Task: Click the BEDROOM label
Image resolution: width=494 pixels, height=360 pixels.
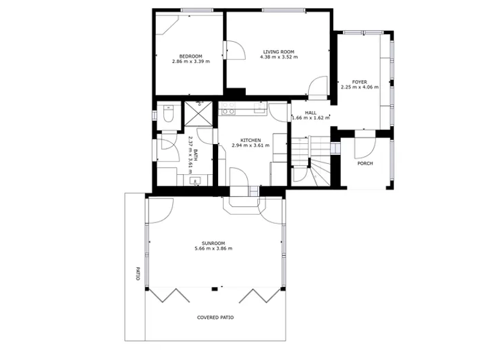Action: tap(190, 56)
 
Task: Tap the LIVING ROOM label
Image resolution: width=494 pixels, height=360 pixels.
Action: tap(279, 51)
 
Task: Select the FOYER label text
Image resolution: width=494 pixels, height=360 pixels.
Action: tap(360, 82)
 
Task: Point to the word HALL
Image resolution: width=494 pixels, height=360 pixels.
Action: tap(311, 113)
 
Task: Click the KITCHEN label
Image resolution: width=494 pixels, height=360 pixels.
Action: tap(250, 139)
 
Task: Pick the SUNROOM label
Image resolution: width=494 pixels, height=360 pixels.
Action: tap(213, 242)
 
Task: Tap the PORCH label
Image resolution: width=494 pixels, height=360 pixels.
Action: tap(365, 163)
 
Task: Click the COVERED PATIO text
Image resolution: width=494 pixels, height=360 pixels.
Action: tap(215, 318)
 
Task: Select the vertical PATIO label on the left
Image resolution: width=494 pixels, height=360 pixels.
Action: tap(137, 275)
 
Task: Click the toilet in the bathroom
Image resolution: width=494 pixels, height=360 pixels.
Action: tap(168, 116)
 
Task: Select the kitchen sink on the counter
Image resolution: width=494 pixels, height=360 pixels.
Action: tap(259, 108)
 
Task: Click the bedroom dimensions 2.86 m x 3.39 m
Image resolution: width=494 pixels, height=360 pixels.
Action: tap(190, 62)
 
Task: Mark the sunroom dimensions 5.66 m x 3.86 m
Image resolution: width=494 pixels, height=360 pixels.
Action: tap(213, 248)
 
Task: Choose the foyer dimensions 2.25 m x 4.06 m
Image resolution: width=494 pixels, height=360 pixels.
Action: tap(360, 87)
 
